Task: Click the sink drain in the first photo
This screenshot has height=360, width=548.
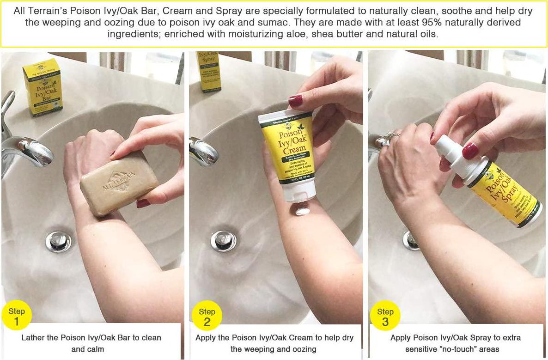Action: tap(59, 241)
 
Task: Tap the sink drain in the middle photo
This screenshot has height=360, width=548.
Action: tap(224, 241)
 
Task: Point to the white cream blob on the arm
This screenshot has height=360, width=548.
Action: tap(303, 211)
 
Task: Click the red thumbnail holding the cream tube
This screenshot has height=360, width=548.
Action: tap(296, 101)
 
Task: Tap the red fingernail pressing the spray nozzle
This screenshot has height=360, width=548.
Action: tap(470, 151)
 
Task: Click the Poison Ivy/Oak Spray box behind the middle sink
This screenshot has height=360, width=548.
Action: tap(209, 72)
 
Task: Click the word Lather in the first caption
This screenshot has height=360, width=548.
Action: tap(34, 338)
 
